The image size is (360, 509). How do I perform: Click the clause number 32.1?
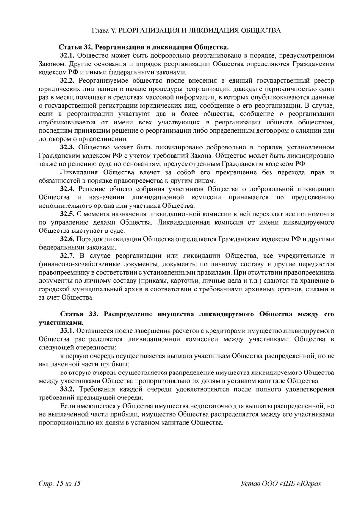click(67, 55)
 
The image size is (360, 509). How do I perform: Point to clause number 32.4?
click(67, 189)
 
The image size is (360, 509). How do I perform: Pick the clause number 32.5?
click(67, 214)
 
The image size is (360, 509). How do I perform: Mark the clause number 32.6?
click(67, 239)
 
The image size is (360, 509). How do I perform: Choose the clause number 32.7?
click(67, 256)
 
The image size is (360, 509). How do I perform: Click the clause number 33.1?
click(67, 331)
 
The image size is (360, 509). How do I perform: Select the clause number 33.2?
click(67, 389)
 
